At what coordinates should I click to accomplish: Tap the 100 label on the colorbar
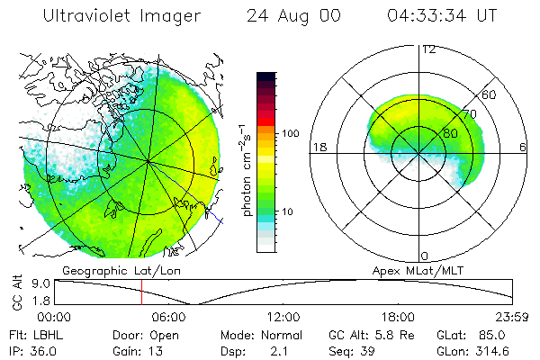[x=291, y=133]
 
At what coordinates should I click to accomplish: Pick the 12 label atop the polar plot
[x=428, y=49]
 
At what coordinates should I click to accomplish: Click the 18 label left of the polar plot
[x=318, y=147]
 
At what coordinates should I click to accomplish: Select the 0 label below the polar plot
[x=425, y=256]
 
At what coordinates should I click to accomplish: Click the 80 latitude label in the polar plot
[x=438, y=132]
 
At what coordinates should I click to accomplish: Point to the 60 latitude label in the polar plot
[x=490, y=94]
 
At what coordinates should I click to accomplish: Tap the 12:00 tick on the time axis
[x=283, y=316]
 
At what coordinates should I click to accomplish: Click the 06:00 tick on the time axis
[x=169, y=316]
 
